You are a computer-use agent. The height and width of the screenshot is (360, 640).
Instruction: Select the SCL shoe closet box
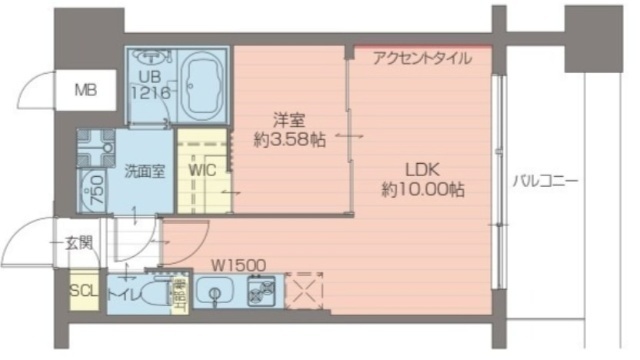point(83,292)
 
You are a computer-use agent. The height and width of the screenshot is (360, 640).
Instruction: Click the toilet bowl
point(151,295)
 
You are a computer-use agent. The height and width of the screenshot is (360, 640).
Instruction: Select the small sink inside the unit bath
point(147,57)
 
